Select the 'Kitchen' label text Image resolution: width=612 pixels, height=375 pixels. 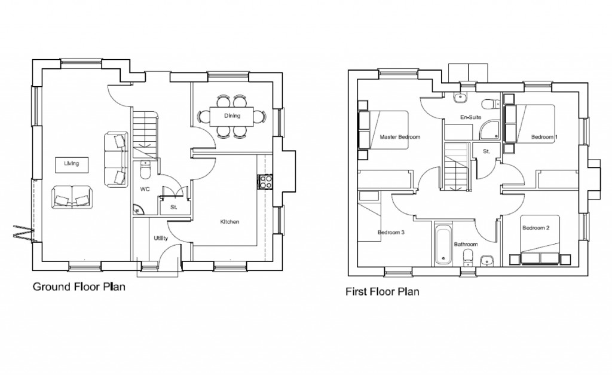[x=229, y=222]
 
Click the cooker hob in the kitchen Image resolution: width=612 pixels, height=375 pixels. [x=266, y=181]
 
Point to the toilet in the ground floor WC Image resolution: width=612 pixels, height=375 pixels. [x=145, y=171]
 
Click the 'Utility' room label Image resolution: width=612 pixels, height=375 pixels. [x=160, y=238]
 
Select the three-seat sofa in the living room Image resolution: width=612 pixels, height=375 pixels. [x=116, y=159]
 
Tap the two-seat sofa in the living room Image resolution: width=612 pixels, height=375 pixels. [x=72, y=197]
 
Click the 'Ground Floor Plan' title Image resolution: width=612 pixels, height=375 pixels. [x=78, y=286]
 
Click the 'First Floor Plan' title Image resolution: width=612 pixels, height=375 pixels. [x=382, y=292]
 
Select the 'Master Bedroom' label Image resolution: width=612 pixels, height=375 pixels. [x=400, y=137]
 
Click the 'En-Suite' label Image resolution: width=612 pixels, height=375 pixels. [x=470, y=118]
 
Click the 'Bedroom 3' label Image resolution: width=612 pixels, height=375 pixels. [x=391, y=232]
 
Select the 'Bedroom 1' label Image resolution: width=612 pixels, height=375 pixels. [x=544, y=137]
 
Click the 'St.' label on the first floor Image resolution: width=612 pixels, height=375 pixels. [x=486, y=152]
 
